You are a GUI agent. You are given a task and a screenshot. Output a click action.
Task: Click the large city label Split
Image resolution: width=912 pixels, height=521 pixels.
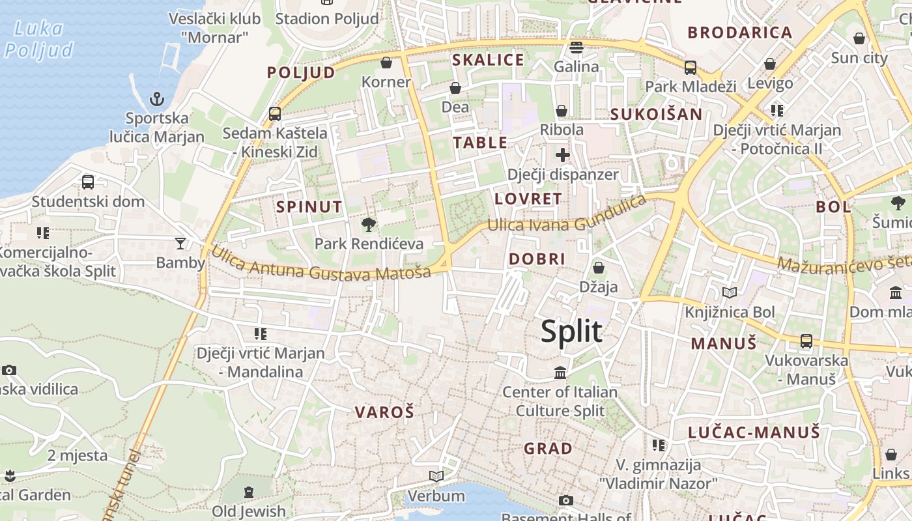[x=571, y=331]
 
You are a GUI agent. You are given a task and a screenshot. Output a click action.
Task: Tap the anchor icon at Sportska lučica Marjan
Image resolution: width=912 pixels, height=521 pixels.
[x=156, y=100]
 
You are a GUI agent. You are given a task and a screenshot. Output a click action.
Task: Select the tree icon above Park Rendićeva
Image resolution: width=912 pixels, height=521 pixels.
[x=369, y=225]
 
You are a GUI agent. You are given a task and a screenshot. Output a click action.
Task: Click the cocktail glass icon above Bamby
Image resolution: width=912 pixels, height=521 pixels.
[x=180, y=244]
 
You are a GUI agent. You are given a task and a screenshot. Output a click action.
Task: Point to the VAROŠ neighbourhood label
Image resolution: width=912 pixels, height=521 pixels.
[x=384, y=412]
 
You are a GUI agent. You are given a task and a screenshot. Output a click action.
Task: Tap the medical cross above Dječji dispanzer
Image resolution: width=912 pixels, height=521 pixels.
[x=562, y=155]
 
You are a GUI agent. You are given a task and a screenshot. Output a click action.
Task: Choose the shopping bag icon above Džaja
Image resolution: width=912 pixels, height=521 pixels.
[x=598, y=268]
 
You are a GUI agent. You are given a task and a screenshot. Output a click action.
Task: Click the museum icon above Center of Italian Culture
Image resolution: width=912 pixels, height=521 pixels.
[x=560, y=373]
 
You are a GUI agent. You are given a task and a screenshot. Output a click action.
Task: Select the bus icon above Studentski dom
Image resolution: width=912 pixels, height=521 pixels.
[x=88, y=182]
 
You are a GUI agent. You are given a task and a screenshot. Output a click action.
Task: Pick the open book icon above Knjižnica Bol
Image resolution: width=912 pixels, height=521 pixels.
[x=730, y=293]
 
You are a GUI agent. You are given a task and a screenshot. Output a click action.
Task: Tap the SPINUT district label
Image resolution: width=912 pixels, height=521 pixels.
[x=309, y=207]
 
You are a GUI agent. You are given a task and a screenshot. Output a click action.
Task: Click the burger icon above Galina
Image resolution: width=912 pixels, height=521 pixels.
[x=577, y=48]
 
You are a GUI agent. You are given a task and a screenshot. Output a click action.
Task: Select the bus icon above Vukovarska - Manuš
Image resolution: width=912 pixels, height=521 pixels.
[x=806, y=341]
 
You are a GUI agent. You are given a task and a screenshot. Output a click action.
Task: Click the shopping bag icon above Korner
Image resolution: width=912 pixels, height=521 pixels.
[x=386, y=63]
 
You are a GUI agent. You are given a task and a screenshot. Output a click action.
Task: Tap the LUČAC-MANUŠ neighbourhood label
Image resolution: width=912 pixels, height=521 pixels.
[x=754, y=432]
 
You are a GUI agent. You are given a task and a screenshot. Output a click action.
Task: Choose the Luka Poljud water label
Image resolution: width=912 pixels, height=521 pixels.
[x=39, y=39]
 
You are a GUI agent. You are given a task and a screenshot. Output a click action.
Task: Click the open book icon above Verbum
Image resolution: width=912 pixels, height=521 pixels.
[x=436, y=477]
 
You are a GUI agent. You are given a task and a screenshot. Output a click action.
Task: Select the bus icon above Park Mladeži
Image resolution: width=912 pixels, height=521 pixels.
[x=691, y=67]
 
